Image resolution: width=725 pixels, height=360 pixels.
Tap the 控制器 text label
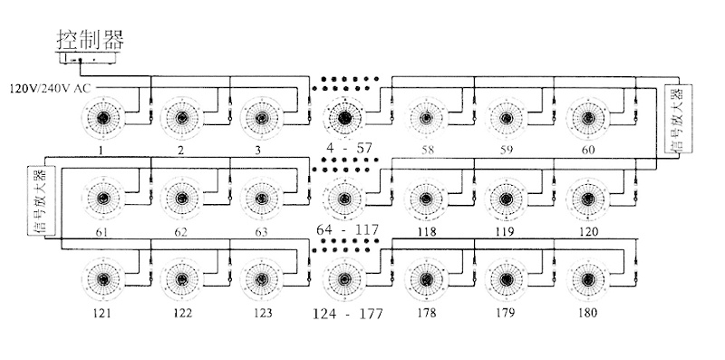(x=91, y=39)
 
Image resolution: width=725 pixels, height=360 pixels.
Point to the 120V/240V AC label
(x=51, y=88)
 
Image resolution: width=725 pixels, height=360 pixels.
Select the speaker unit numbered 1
(x=102, y=119)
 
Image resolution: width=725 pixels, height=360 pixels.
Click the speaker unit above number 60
(x=587, y=119)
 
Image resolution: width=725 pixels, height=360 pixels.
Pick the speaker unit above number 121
(x=102, y=279)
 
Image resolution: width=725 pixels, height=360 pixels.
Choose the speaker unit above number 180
(x=587, y=279)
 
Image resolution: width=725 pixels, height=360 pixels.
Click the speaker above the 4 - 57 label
(x=344, y=119)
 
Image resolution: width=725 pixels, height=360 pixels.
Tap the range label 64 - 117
(x=348, y=229)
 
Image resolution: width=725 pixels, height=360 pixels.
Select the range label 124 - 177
(x=348, y=314)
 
